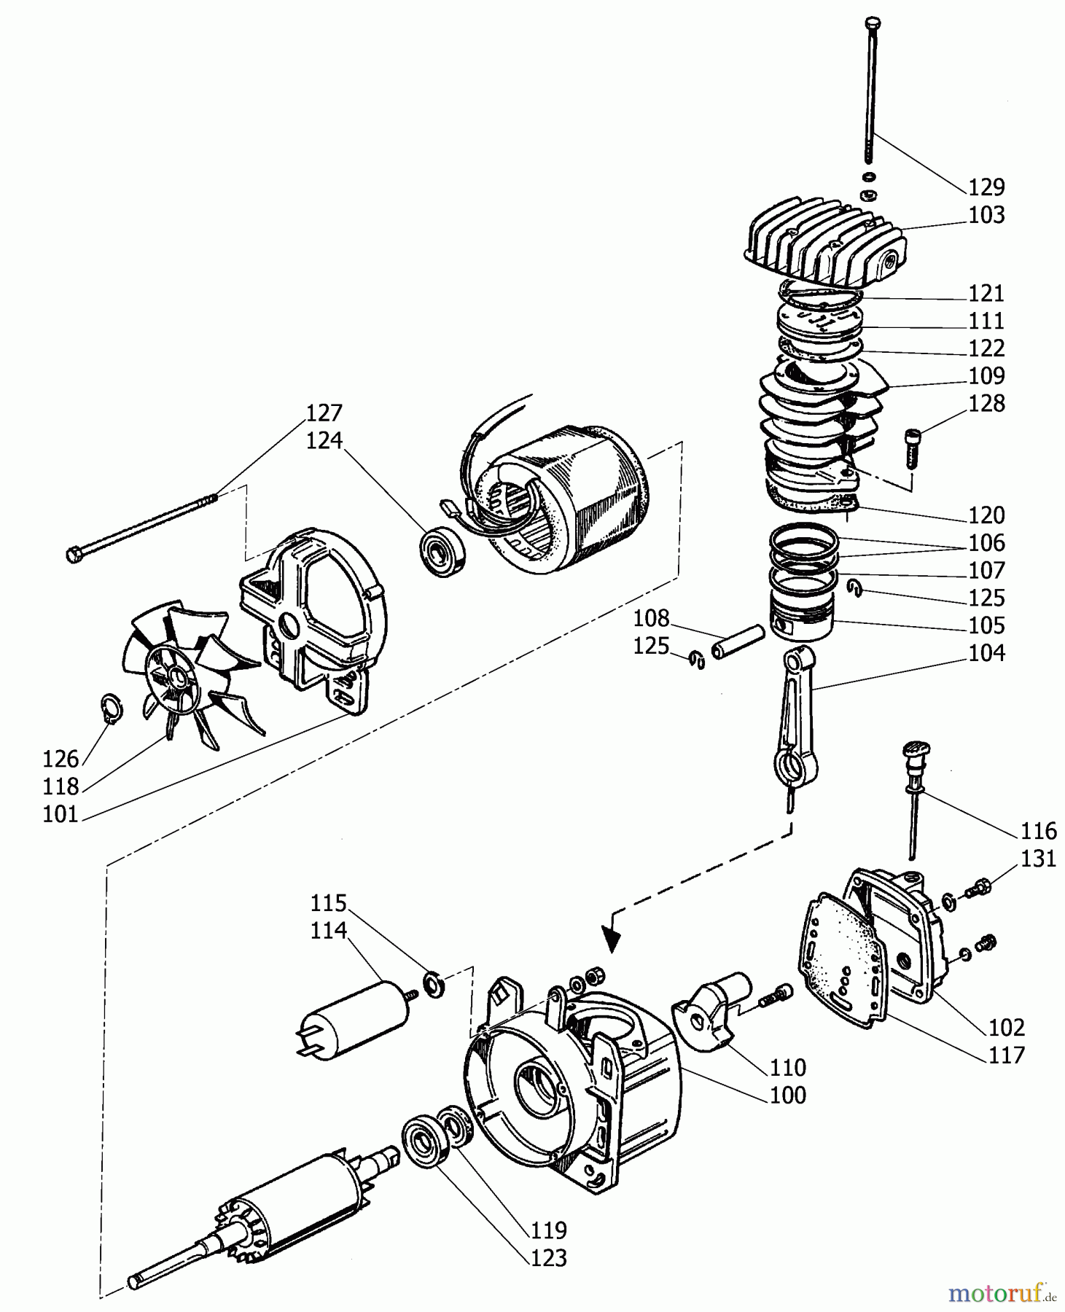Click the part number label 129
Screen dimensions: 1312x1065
[x=986, y=187]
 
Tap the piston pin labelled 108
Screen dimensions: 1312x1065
[x=738, y=641]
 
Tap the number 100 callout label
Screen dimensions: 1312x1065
[x=788, y=1095]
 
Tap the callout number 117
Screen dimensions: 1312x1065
[x=1007, y=1055]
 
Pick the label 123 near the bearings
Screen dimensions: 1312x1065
[x=548, y=1257]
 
